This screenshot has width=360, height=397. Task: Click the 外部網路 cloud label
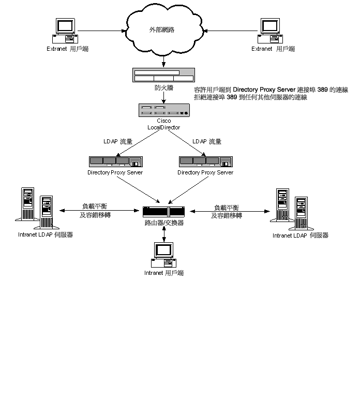pos(162,30)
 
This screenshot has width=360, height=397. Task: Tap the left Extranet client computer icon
pos(65,31)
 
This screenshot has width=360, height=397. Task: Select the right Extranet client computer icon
pos(270,31)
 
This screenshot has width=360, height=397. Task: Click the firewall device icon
pos(163,75)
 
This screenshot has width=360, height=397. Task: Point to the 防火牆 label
pos(164,88)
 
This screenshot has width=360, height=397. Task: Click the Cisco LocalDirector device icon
pos(164,110)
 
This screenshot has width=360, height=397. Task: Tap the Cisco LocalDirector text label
pos(163,124)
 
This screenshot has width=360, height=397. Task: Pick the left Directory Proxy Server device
pos(116,161)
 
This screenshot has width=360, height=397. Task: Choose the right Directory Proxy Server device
pos(206,161)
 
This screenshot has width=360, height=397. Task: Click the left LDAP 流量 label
pos(118,141)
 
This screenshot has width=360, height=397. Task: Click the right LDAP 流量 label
pos(207,141)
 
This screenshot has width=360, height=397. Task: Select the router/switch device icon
pos(163,212)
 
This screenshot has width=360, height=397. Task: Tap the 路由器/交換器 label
pos(164,223)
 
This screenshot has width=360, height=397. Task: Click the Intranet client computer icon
pos(163,255)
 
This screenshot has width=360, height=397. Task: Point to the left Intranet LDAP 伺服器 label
pos(46,234)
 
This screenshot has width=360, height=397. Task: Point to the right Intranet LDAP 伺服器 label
pos(301,236)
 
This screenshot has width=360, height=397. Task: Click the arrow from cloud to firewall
pos(163,61)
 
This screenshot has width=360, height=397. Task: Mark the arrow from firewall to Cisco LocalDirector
pos(163,97)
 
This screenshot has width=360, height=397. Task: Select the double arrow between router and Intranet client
pos(164,234)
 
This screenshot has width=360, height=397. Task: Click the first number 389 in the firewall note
pos(322,90)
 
